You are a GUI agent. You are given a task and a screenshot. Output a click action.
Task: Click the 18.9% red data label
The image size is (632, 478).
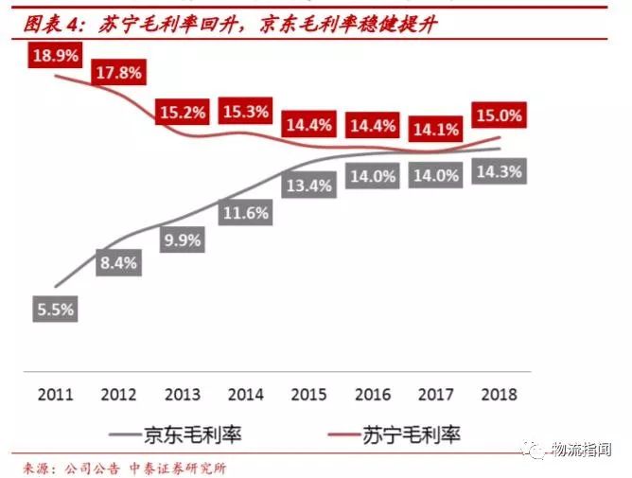56,56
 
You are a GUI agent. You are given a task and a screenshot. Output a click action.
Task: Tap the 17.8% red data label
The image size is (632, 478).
117,72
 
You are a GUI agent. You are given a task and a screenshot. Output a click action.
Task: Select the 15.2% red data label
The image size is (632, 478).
182,112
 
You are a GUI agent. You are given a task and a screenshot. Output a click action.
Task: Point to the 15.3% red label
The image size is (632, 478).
244,112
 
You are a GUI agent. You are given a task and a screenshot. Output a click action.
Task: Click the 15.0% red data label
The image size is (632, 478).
498,115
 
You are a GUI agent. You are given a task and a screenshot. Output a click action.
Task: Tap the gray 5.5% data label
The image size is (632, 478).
54,309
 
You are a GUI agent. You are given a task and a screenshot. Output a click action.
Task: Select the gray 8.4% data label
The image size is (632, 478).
118,261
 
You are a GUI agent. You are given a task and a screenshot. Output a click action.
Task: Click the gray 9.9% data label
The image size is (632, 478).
182,239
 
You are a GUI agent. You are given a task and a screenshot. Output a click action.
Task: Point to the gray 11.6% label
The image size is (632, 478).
245,213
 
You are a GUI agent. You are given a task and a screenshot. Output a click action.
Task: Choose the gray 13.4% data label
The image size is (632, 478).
308,185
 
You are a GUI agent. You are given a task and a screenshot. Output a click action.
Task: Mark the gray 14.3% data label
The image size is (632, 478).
499,171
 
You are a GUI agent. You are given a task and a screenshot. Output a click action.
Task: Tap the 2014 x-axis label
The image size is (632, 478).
245,392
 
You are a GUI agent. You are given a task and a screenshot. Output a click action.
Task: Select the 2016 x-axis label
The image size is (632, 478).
372,392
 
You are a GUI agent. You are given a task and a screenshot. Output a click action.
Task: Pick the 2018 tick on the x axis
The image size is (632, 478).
498,392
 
